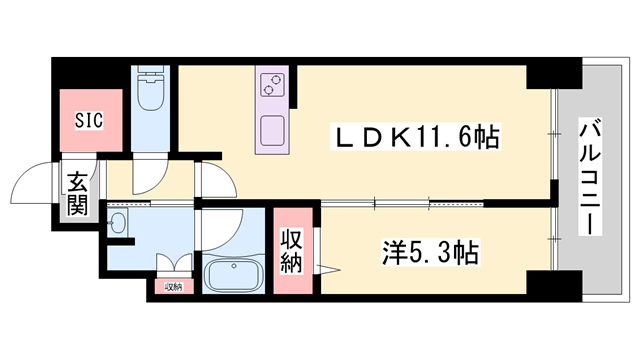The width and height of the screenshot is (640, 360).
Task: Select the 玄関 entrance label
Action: pyautogui.click(x=77, y=195)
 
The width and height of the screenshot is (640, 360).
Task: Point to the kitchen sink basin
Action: pyautogui.click(x=271, y=131)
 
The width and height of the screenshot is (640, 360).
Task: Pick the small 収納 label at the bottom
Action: pyautogui.click(x=173, y=287)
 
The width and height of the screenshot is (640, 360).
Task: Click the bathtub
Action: pyautogui.click(x=235, y=273)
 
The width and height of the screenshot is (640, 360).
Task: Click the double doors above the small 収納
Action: pyautogui.click(x=173, y=266)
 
